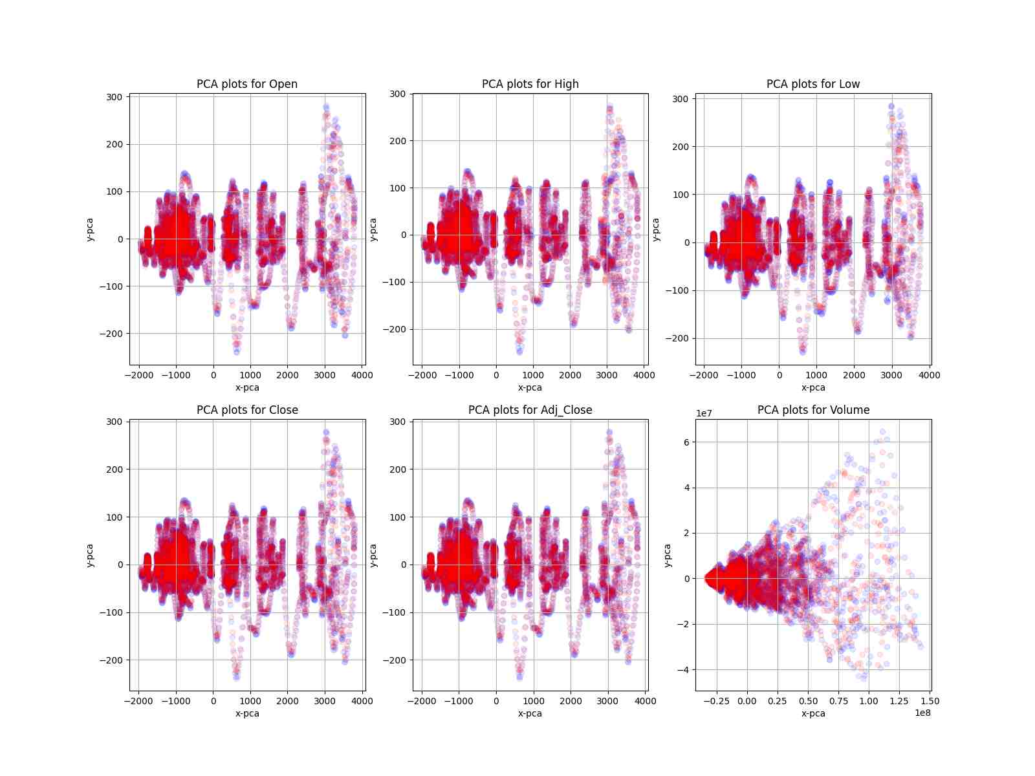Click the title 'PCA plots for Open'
click(x=247, y=84)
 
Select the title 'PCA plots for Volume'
click(x=813, y=410)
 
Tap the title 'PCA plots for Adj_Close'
click(x=530, y=410)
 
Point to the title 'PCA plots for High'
click(x=530, y=84)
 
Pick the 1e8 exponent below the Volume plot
click(x=922, y=713)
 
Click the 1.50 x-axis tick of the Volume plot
click(x=930, y=701)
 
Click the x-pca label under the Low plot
click(x=813, y=388)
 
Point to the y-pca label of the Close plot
click(x=90, y=555)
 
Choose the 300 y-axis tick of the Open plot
click(x=114, y=97)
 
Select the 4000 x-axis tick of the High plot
click(x=644, y=375)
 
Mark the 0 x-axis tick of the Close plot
click(x=213, y=701)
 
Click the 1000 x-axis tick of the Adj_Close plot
click(x=534, y=701)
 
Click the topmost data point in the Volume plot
click(x=882, y=431)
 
